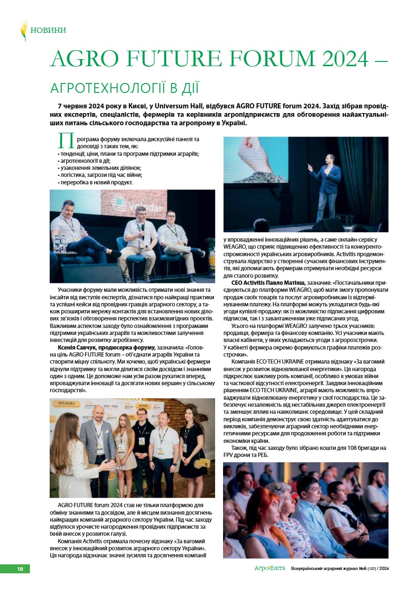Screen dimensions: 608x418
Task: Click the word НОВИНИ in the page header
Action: click(48, 30)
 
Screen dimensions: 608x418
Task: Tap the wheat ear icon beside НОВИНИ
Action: click(23, 30)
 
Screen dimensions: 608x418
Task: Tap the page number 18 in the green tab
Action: click(20, 569)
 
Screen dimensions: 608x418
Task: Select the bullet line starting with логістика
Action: click(100, 175)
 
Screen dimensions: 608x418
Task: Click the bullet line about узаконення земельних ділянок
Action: click(100, 167)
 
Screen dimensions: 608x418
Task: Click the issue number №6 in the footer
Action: click(362, 569)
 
